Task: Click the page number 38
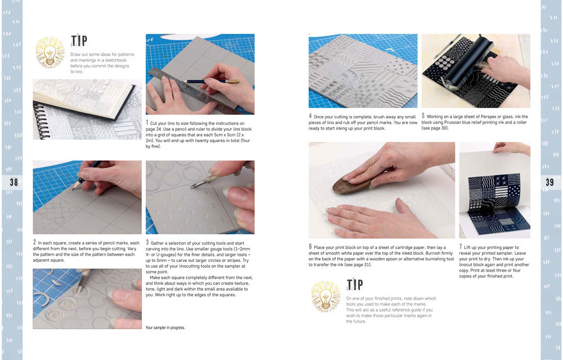[14, 182]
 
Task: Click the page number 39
[549, 182]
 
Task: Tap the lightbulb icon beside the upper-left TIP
[50, 52]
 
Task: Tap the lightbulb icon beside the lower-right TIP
[325, 296]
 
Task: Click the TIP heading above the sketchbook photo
[79, 41]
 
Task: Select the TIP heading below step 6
[355, 284]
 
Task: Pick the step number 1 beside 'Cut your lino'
[147, 122]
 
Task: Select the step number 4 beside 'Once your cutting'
[310, 116]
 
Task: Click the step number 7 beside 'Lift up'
[461, 247]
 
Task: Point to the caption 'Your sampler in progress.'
[165, 328]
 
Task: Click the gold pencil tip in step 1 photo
[232, 82]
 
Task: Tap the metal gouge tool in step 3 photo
[208, 179]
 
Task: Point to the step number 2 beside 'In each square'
[34, 242]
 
